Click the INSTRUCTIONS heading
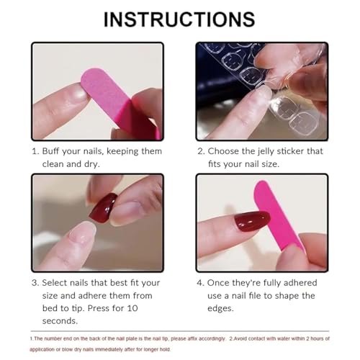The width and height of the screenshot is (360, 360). [179, 19]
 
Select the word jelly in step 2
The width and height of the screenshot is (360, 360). [282, 151]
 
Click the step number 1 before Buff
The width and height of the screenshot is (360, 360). [35, 151]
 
